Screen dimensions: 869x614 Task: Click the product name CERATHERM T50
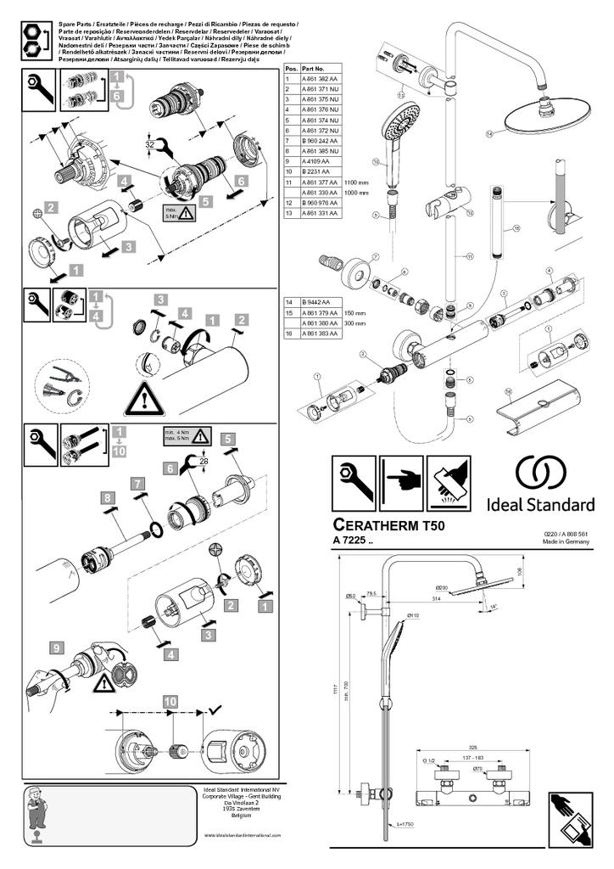(388, 526)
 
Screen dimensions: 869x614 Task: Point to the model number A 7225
(353, 541)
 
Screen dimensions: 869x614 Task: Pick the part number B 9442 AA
(315, 302)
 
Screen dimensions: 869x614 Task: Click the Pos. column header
(291, 67)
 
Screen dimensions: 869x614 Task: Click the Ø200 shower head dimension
(442, 587)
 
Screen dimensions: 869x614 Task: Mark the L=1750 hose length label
(406, 824)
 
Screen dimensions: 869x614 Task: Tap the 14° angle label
(494, 607)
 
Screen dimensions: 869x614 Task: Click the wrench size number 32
(149, 144)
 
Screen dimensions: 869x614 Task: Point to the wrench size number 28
(204, 460)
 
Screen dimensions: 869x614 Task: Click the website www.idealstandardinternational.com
(243, 835)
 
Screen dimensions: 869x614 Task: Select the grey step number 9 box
(56, 648)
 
